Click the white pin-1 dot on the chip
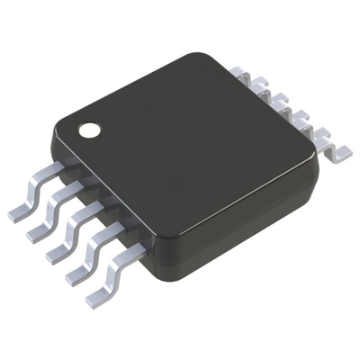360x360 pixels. (89, 130)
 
